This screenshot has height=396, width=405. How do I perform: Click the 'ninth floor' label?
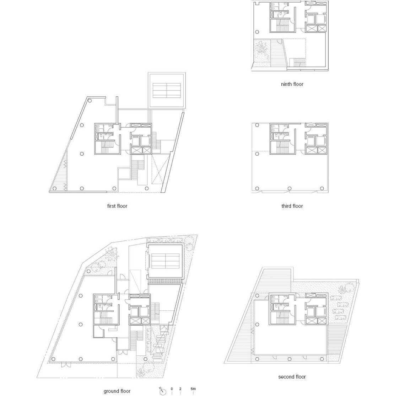click(292, 84)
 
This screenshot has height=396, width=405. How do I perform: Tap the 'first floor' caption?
click(117, 206)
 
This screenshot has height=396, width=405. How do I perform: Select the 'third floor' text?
click(292, 206)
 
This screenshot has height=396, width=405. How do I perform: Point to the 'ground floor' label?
click(117, 391)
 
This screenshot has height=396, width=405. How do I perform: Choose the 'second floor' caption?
click(292, 376)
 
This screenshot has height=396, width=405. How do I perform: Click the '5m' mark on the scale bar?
click(193, 389)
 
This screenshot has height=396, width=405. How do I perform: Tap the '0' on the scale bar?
click(172, 389)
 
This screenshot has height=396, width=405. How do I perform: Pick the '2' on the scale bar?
click(180, 389)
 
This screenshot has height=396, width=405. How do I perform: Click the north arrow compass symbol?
click(162, 391)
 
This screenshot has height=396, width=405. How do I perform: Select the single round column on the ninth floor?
click(257, 32)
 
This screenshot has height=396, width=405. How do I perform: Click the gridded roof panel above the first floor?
click(167, 90)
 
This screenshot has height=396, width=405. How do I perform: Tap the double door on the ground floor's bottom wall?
click(66, 365)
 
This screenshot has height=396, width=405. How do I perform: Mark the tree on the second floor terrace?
click(347, 289)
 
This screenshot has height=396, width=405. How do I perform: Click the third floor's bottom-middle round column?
click(290, 188)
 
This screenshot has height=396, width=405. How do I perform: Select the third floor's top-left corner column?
click(257, 125)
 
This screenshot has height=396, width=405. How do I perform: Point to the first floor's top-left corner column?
click(90, 101)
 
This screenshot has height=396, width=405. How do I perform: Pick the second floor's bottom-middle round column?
click(290, 359)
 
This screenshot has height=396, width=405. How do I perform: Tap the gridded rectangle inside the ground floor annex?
click(165, 261)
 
